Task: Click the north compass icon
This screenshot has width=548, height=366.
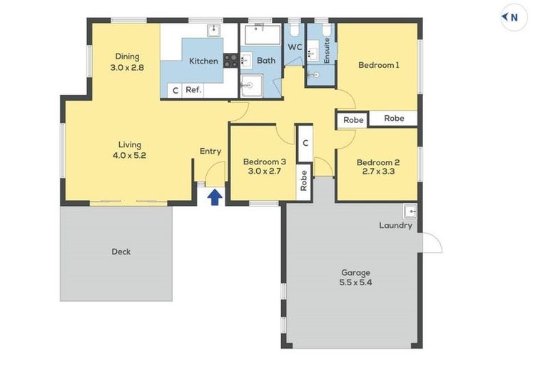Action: tap(514, 17)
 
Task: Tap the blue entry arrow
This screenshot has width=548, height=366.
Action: tap(215, 197)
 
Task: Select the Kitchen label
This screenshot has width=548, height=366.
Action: tap(203, 61)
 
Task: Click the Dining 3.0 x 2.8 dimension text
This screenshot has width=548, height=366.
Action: tap(127, 68)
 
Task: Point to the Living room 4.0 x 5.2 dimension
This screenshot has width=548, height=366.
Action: tap(129, 155)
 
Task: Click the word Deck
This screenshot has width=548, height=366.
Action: tap(121, 252)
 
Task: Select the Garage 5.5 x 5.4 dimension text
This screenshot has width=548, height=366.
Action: tap(355, 282)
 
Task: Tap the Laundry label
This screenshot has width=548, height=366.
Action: tap(395, 225)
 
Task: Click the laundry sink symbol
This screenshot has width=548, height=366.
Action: tap(410, 212)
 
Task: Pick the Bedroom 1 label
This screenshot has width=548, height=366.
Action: tap(379, 65)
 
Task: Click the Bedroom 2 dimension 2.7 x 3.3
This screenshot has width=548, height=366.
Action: tap(378, 172)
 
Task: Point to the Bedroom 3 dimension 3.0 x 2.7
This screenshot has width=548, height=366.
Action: tap(264, 171)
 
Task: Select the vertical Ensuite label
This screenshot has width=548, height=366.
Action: tap(327, 51)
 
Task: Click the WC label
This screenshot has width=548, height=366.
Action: tap(295, 47)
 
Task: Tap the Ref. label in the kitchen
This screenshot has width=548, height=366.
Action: tap(193, 89)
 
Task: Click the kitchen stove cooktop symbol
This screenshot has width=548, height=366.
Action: tap(230, 60)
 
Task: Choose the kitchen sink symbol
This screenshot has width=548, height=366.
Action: tap(213, 31)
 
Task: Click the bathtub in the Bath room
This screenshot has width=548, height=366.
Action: tap(263, 35)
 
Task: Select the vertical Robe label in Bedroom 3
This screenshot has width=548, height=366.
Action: tap(304, 181)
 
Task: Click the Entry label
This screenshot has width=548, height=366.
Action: tap(210, 152)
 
